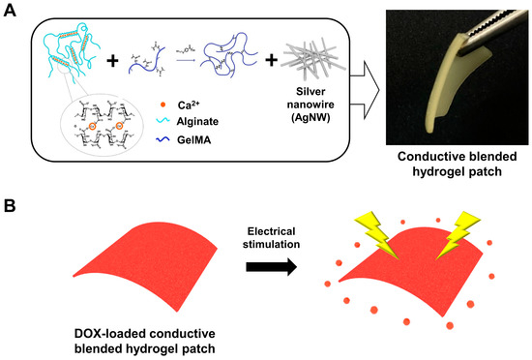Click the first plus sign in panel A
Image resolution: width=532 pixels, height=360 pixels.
[x=112, y=60]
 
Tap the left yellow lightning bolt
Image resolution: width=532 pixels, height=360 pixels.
[x=374, y=229]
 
